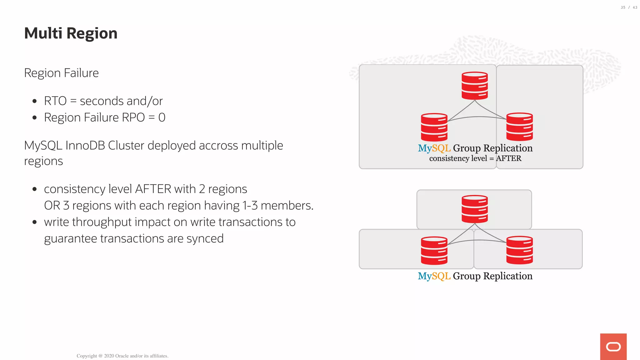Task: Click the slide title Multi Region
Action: [x=71, y=33]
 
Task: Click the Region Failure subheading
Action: [x=61, y=73]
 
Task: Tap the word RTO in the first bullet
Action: [x=55, y=101]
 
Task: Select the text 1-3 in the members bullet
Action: [x=250, y=206]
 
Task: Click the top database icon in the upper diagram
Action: [x=475, y=86]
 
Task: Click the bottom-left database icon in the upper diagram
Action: [x=434, y=127]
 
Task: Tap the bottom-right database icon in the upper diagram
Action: [x=519, y=127]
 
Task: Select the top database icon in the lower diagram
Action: [x=475, y=209]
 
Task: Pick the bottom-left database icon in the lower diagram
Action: [x=434, y=250]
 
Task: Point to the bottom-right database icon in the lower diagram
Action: [x=519, y=250]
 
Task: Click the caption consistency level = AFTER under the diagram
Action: [x=475, y=158]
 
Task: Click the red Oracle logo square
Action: [x=613, y=347]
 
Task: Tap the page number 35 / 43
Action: [x=629, y=7]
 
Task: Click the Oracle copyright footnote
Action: [x=122, y=356]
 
